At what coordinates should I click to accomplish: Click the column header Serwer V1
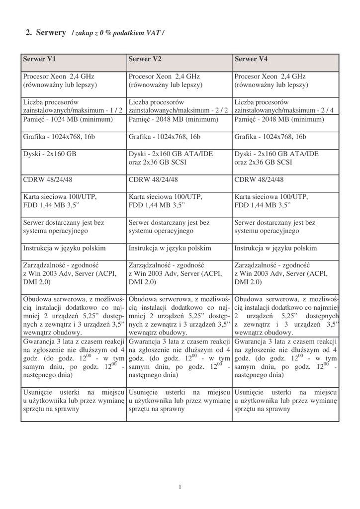(39, 59)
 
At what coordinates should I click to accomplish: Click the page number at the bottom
(180, 487)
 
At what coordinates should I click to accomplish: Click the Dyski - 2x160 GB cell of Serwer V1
(50, 154)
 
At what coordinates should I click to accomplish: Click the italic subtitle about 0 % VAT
(118, 33)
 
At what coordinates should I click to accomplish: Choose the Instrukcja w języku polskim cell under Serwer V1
(64, 248)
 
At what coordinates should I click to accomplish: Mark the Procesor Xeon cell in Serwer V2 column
(164, 81)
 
